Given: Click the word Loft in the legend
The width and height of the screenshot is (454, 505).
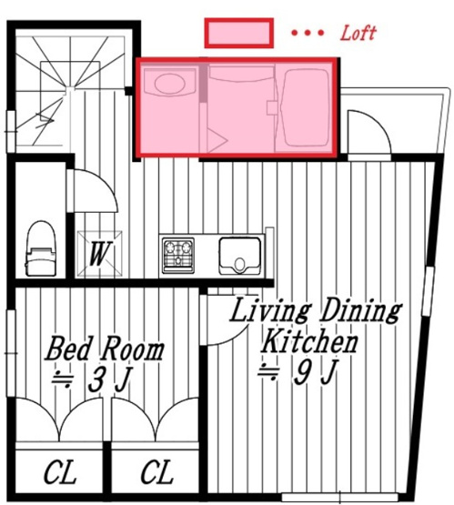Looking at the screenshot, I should coord(357,34).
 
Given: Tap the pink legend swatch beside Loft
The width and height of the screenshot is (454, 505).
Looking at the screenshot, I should coord(238,34).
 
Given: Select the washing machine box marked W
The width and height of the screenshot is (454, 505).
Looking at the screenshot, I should coord(97,254).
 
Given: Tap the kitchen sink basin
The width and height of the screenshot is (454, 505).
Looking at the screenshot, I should coord(239,255).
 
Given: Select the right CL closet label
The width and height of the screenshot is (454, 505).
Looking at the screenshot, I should coord(156,473).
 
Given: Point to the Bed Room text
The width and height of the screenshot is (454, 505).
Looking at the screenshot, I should coord(106,349).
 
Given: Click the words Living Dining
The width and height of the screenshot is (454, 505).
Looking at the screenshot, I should coord(314,311).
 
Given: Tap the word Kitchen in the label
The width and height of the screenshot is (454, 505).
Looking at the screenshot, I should coord(309,343).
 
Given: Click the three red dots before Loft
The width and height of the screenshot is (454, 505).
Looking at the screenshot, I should coord(308,34).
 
